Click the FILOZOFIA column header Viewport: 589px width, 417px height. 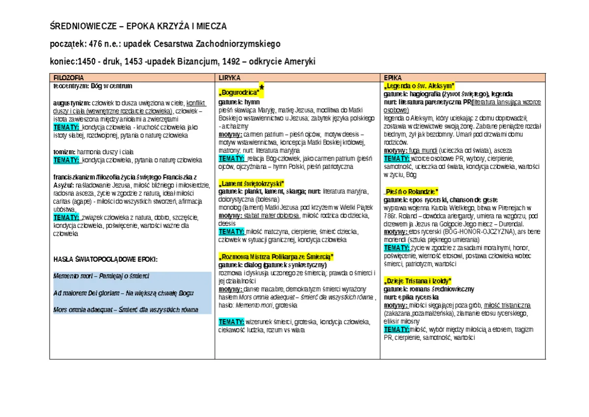(x=68, y=78)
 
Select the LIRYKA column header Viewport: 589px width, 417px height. (x=229, y=78)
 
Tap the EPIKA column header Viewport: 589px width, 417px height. (x=393, y=78)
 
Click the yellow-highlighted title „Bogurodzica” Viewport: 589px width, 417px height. (x=239, y=92)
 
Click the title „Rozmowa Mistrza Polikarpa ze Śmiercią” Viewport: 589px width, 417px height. (x=276, y=256)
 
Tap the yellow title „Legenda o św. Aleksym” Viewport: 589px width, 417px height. (x=419, y=85)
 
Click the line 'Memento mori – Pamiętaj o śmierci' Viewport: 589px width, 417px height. (x=101, y=276)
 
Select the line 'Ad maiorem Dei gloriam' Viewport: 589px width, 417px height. (x=123, y=293)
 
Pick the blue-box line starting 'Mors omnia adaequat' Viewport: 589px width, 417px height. (x=125, y=310)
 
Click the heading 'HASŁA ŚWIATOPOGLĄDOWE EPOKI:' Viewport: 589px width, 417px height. (x=105, y=259)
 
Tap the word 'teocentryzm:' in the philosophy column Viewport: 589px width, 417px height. (x=71, y=86)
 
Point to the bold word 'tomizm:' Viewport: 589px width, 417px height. (x=64, y=152)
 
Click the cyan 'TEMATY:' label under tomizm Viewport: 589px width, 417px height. (x=66, y=160)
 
